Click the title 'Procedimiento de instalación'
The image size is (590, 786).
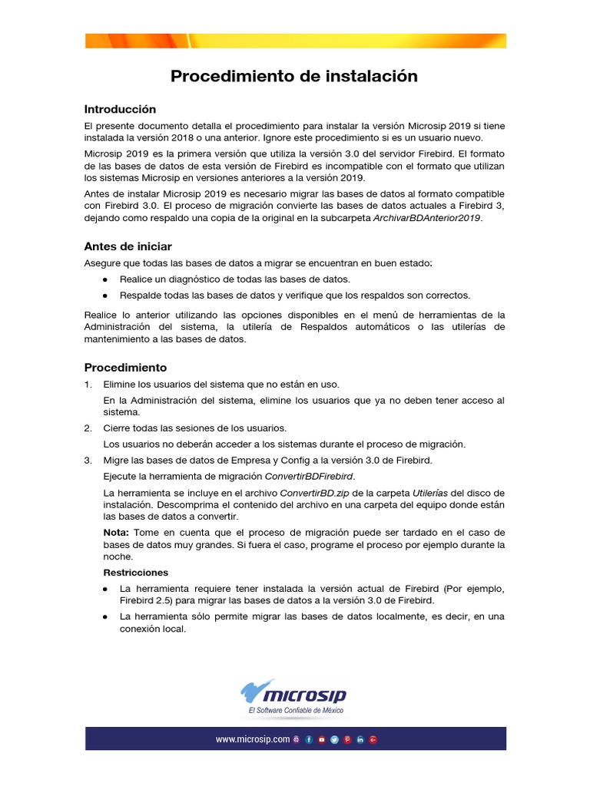pos(294,76)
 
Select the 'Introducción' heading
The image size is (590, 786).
pos(120,109)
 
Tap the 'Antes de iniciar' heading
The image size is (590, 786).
pos(128,246)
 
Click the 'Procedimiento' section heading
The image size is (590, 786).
pos(125,367)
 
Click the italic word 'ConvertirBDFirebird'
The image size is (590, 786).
pos(315,476)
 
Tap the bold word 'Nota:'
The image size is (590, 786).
pos(118,532)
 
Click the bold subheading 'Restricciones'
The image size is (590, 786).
pos(136,573)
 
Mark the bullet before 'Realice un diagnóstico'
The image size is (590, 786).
pos(104,279)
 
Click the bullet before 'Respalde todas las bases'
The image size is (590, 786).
pos(104,296)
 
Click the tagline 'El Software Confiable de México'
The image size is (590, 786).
pos(296,712)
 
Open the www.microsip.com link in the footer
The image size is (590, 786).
pos(252,740)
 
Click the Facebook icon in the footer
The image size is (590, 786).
pos(309,740)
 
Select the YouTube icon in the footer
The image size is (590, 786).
pos(322,740)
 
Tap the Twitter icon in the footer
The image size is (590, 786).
pos(335,740)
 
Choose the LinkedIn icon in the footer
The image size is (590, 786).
pos(360,740)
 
